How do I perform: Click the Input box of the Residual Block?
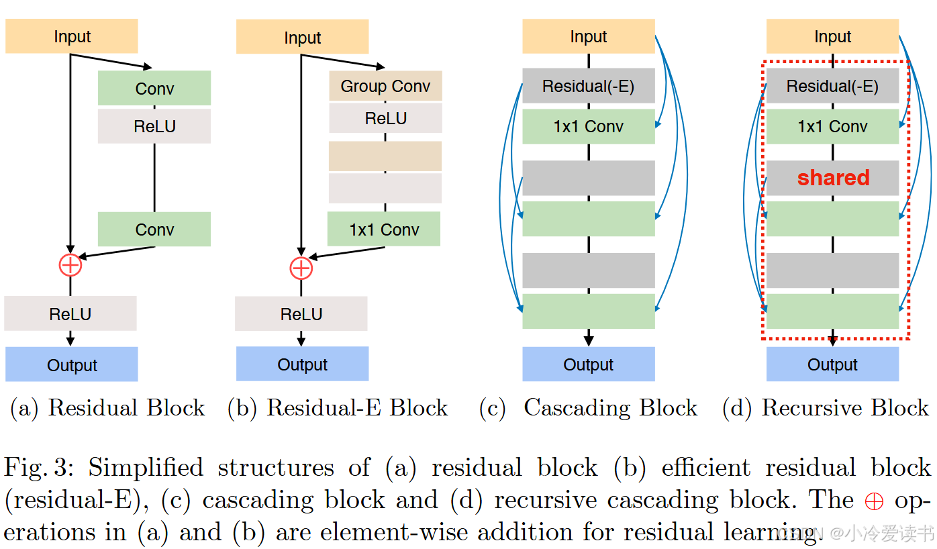click(72, 36)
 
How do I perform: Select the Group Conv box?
click(385, 86)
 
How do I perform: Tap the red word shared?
click(833, 178)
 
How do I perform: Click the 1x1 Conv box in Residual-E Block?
click(384, 230)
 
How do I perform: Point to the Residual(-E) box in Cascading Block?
click(588, 86)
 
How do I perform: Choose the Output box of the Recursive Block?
click(832, 364)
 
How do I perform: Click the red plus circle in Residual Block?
click(70, 265)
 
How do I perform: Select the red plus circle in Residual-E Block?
click(301, 268)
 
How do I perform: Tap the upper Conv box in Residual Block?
click(154, 89)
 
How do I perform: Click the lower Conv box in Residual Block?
click(154, 230)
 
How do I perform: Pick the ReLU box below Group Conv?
click(385, 119)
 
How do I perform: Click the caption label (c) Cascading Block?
click(589, 408)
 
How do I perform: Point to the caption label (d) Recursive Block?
click(826, 408)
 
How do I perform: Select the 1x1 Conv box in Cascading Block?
click(588, 127)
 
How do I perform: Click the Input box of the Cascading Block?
click(588, 36)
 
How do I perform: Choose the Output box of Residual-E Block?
click(302, 364)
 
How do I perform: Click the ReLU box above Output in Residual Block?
click(70, 314)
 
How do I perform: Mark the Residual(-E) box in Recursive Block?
click(832, 86)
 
